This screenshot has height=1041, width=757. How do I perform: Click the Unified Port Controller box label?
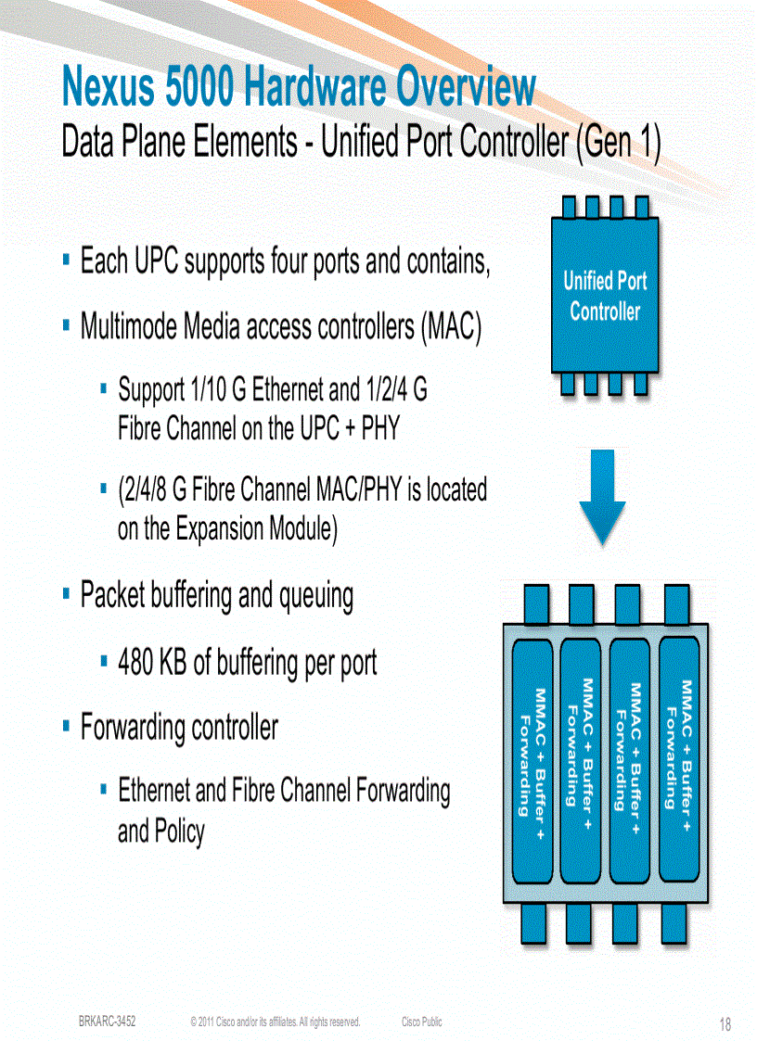pos(605,296)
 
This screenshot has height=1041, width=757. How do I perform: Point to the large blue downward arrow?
pos(602,497)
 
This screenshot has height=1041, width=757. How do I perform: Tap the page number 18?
pos(725,1024)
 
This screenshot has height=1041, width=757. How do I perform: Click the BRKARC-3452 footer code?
pos(108,1022)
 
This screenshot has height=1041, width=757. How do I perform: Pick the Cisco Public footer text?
pos(421,1022)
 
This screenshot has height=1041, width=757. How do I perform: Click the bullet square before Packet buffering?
pos(67,593)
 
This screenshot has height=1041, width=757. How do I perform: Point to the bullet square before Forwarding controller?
pos(67,726)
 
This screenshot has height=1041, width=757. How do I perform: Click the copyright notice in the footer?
pos(275,1022)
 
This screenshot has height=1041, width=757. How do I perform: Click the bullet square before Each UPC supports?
pos(67,260)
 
